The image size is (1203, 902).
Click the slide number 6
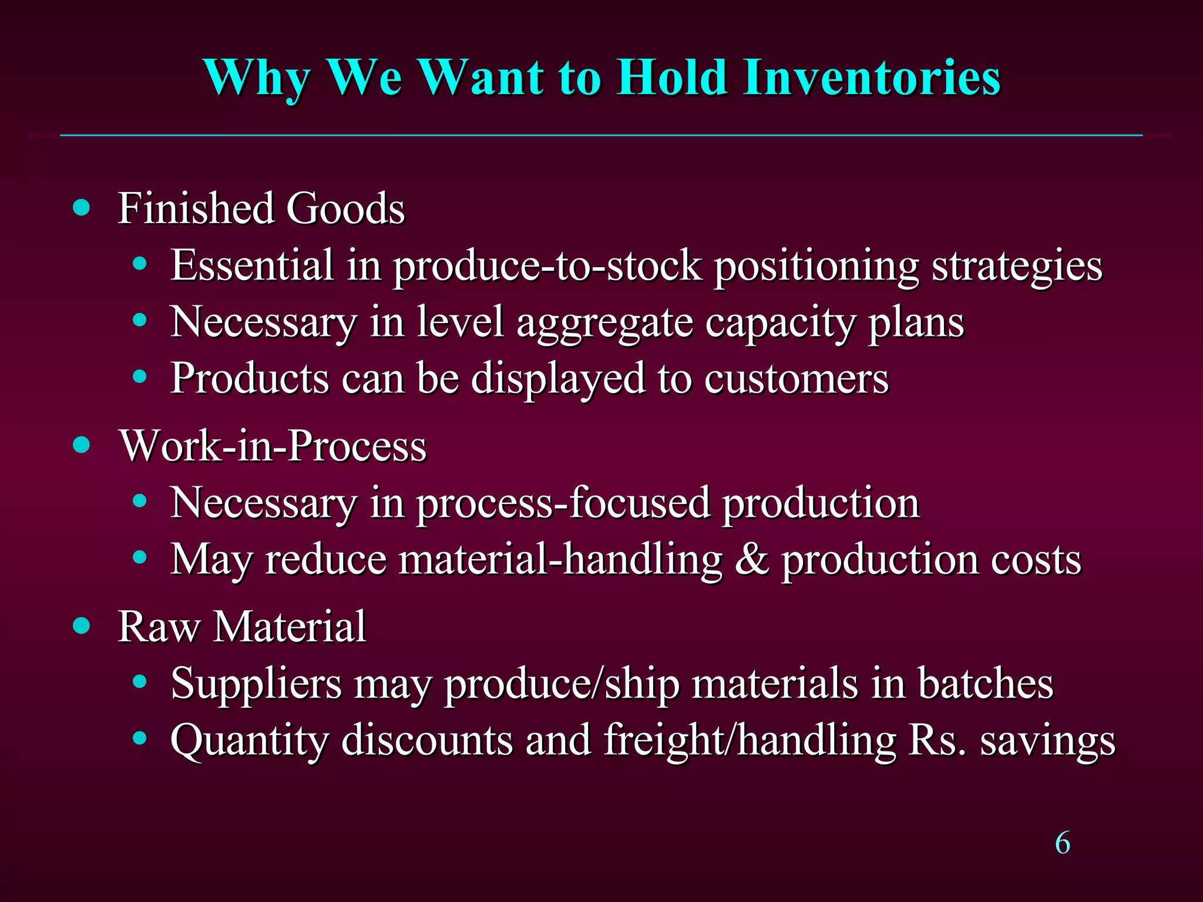[1063, 843]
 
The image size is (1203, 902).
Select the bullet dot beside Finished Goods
[82, 208]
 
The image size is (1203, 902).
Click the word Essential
[252, 265]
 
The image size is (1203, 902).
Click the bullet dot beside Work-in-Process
[82, 445]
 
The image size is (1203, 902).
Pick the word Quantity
[249, 741]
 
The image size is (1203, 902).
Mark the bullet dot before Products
[139, 378]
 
